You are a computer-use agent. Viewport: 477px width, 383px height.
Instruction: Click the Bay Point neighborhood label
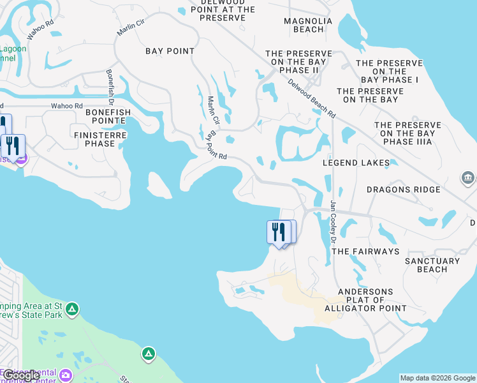pyautogui.click(x=170, y=51)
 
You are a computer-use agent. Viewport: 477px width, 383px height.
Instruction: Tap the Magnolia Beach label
pyautogui.click(x=308, y=25)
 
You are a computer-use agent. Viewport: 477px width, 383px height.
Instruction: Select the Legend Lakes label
pyautogui.click(x=356, y=163)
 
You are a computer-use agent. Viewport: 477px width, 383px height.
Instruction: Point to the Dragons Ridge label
pyautogui.click(x=404, y=190)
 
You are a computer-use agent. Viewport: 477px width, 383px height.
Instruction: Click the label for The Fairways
pyautogui.click(x=365, y=252)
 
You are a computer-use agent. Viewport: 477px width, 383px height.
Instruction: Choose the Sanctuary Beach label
pyautogui.click(x=432, y=265)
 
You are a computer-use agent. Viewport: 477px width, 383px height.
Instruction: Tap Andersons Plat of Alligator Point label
pyautogui.click(x=365, y=300)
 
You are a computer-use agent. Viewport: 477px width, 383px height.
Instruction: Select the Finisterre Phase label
pyautogui.click(x=101, y=139)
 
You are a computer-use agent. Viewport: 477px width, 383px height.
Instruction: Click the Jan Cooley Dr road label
pyautogui.click(x=332, y=222)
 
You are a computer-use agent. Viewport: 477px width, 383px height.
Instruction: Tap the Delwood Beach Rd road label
pyautogui.click(x=311, y=98)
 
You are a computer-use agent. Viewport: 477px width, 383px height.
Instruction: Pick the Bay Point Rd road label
pyautogui.click(x=217, y=147)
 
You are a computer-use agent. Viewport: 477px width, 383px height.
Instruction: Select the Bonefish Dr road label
pyautogui.click(x=110, y=87)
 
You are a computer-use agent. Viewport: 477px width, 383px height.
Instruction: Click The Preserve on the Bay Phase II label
pyautogui.click(x=299, y=62)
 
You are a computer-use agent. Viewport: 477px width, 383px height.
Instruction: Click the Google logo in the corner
pyautogui.click(x=21, y=376)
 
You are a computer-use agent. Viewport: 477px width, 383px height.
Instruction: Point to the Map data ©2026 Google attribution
pyautogui.click(x=437, y=378)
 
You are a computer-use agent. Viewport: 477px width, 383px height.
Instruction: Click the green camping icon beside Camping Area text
pyautogui.click(x=72, y=310)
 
